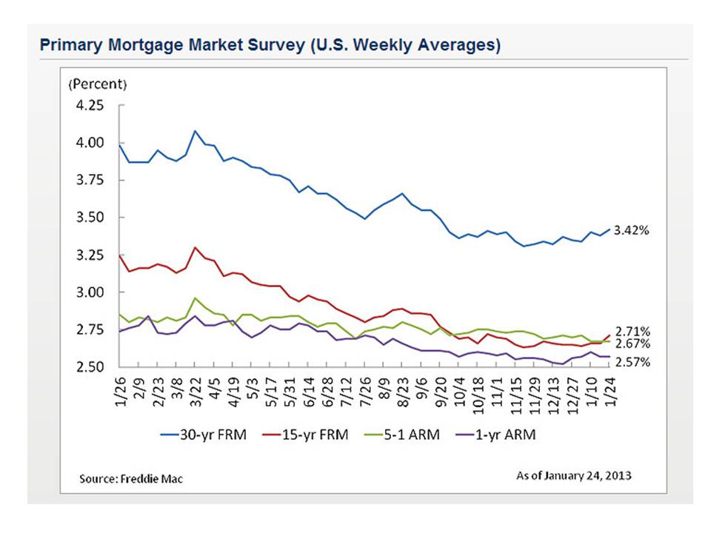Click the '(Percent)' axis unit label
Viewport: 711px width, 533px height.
[x=98, y=84]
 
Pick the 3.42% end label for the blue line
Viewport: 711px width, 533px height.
[x=632, y=230]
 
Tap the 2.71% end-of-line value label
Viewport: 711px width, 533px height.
[x=632, y=331]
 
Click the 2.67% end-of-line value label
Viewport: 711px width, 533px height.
[x=632, y=344]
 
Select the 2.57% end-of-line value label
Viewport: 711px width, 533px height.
[x=632, y=362]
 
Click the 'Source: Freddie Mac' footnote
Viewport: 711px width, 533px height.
[x=131, y=479]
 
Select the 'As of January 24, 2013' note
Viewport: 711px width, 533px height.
[x=574, y=475]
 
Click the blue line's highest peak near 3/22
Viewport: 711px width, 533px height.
[x=195, y=131]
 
